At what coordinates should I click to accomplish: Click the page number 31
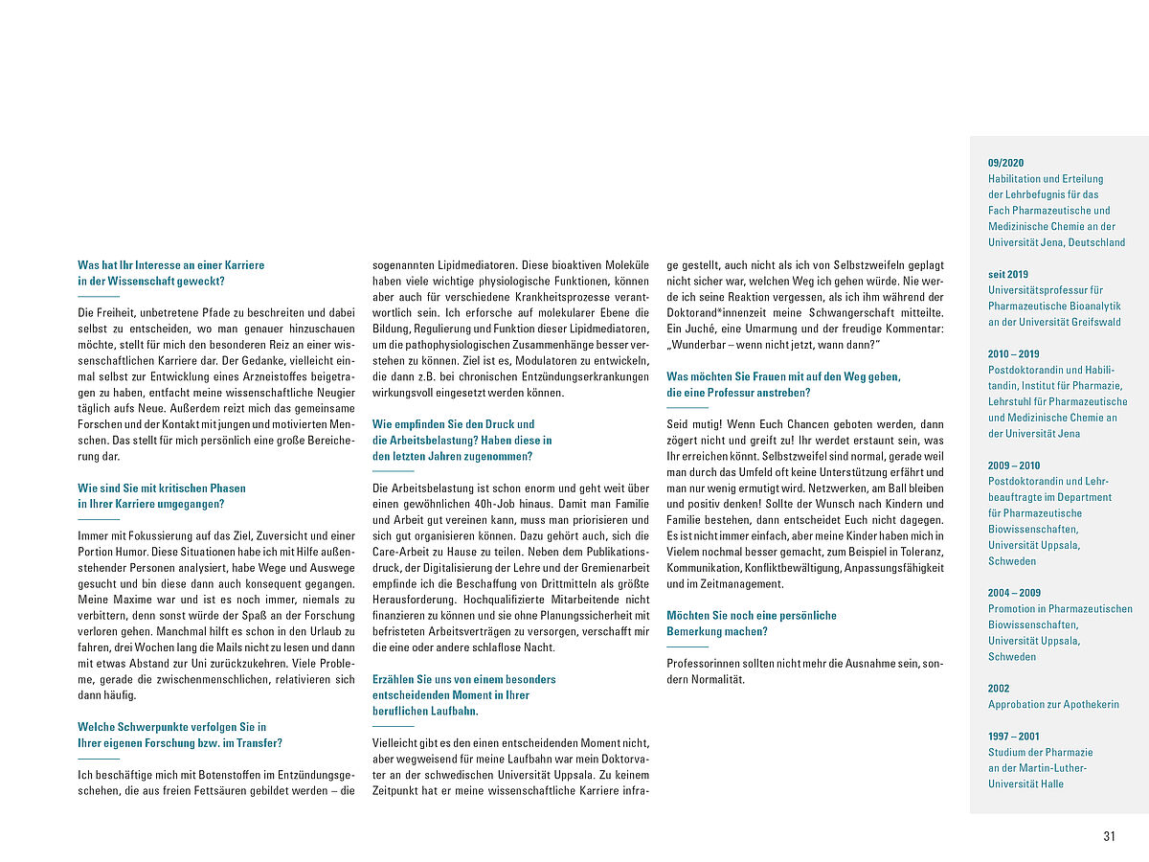pos(1109,836)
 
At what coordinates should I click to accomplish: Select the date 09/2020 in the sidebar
pos(1005,163)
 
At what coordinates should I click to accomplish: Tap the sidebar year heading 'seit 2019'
pos(1008,274)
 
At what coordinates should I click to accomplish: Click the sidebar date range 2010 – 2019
pos(1013,354)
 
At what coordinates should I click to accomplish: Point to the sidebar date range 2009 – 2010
pos(1013,465)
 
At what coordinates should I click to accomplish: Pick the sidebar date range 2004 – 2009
pos(1014,593)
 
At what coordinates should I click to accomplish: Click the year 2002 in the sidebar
pos(999,689)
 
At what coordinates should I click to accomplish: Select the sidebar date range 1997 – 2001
pos(1013,737)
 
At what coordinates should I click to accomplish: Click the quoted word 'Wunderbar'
pos(701,345)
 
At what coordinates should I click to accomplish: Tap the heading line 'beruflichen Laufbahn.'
pos(425,712)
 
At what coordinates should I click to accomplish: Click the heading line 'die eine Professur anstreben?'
pos(738,393)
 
